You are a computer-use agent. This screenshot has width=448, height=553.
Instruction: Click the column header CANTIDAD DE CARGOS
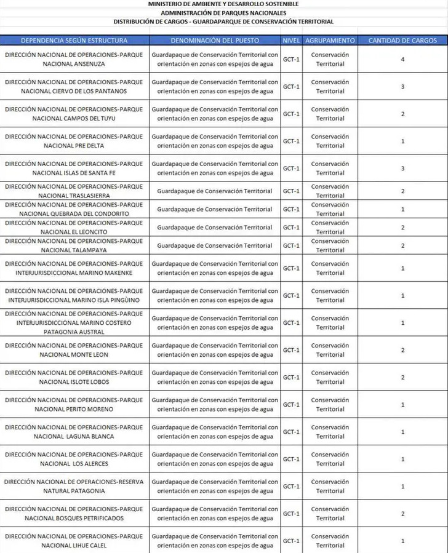(402, 41)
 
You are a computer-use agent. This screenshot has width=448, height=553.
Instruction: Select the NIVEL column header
(290, 41)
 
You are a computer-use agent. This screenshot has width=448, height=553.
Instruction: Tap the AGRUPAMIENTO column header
(330, 41)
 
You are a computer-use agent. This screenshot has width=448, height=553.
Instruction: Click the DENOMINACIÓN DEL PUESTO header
(215, 41)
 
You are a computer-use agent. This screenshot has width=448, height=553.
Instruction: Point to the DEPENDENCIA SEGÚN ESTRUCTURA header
(74, 41)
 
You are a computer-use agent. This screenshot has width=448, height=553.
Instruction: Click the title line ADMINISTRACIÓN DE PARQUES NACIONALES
(223, 12)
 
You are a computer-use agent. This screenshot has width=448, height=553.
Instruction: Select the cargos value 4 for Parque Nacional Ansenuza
(402, 59)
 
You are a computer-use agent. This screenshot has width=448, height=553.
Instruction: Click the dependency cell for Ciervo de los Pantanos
(74, 87)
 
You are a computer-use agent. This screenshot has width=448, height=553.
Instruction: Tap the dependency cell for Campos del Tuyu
(74, 114)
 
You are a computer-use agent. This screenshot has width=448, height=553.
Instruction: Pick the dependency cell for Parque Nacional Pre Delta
(74, 141)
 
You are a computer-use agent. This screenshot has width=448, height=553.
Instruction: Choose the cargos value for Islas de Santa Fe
(402, 169)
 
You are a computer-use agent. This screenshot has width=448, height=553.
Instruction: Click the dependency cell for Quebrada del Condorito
(74, 209)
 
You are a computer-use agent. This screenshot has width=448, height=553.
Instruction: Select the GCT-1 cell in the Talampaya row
(290, 246)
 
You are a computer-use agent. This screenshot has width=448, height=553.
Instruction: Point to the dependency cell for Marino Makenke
(74, 268)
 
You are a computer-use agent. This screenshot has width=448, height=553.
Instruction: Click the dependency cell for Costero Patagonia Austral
(74, 323)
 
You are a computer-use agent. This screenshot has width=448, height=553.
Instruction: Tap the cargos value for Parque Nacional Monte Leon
(402, 350)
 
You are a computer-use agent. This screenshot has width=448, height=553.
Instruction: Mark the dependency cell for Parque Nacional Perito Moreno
(74, 405)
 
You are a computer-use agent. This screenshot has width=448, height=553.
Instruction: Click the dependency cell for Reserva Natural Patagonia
(74, 487)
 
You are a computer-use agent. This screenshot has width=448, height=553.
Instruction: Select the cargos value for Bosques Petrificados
(402, 514)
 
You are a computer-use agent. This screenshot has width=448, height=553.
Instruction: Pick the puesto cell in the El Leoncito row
(215, 228)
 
